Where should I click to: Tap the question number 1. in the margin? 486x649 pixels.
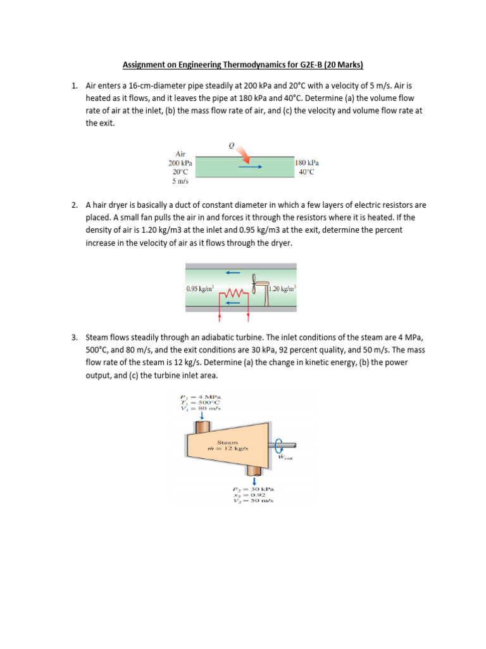click(x=74, y=85)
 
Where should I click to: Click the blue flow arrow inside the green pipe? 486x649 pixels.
click(x=251, y=167)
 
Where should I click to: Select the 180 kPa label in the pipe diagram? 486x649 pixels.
click(x=307, y=163)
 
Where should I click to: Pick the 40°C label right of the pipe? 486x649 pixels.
click(x=307, y=172)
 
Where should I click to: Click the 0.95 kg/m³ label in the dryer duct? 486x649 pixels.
click(x=200, y=288)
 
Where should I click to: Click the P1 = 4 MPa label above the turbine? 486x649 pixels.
click(x=199, y=397)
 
